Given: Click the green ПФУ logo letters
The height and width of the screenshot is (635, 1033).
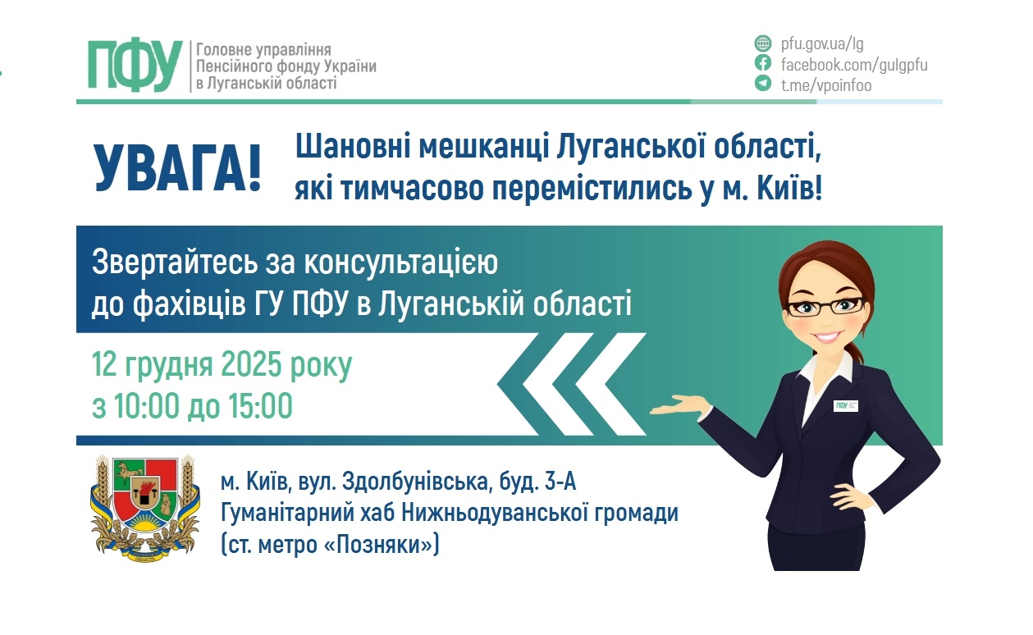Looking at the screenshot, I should click(x=135, y=65).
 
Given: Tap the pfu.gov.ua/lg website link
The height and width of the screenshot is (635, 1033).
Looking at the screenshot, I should click(x=821, y=44).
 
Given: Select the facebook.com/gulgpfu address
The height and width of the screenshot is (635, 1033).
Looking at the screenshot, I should click(x=853, y=65).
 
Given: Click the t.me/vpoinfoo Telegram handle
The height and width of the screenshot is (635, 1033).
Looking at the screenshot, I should click(x=825, y=85).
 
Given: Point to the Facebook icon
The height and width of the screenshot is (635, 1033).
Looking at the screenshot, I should click(x=763, y=64).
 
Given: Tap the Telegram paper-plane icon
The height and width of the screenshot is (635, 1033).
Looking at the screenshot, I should click(x=763, y=84).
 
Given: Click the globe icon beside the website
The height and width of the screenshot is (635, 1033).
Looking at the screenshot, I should click(x=763, y=44).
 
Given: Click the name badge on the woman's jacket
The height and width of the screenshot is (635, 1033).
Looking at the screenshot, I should click(x=845, y=405).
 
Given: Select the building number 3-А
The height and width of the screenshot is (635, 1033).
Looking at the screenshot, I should click(x=566, y=482).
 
